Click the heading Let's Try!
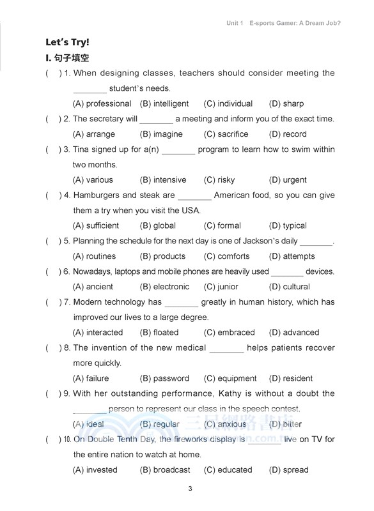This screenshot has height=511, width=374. coord(67,43)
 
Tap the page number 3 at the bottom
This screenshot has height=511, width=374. coord(191,490)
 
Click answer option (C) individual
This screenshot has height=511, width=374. coord(228,103)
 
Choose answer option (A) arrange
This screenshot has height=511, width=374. coord(94,134)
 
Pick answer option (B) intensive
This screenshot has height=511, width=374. coord(163,180)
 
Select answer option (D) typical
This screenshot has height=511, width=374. coord(288,225)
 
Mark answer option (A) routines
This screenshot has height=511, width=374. coord(95,256)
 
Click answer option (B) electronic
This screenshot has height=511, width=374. coord(164,287)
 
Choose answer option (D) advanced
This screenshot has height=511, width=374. coord(294,332)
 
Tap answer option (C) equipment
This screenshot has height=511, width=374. coord(230,378)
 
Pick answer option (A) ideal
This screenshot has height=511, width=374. coord(89,424)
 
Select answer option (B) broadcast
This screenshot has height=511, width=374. coord(165,469)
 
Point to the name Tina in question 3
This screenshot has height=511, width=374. coord(82,149)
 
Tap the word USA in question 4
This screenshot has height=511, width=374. coord(191,210)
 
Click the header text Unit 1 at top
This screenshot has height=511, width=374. coord(235,23)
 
